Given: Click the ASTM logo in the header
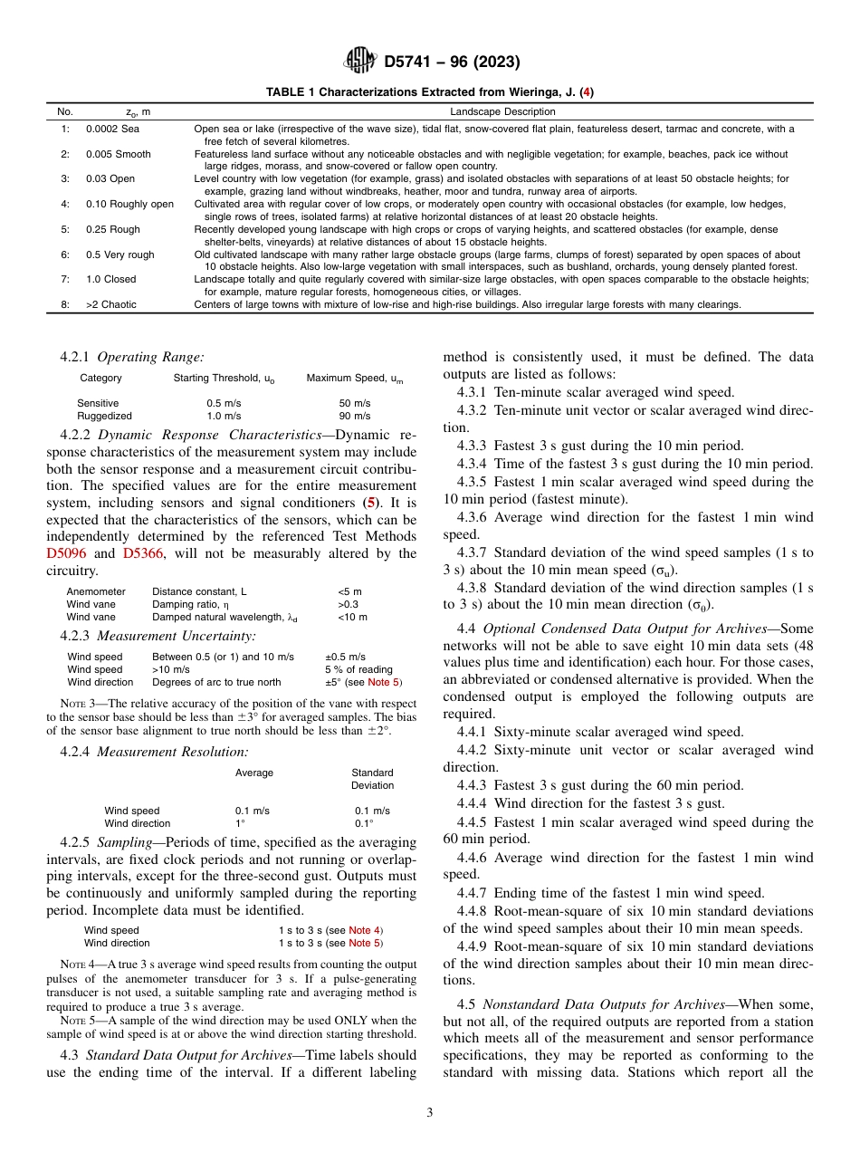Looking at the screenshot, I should click(361, 62).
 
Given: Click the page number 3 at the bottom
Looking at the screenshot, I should click(429, 1113).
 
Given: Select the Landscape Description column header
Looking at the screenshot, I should click(502, 111).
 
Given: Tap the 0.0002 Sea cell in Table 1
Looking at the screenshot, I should click(112, 129).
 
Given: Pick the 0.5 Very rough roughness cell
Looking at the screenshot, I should click(119, 254).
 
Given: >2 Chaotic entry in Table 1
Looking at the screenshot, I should click(110, 304).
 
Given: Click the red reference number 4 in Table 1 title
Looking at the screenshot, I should click(587, 92).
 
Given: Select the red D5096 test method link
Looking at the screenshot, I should click(69, 553).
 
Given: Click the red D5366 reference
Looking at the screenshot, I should click(143, 553).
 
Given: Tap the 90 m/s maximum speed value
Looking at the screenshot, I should click(354, 416).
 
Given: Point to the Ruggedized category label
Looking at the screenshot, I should click(104, 416).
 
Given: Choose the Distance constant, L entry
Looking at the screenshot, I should click(199, 591).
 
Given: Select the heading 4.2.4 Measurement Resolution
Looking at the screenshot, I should click(154, 752).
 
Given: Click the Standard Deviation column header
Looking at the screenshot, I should click(372, 779).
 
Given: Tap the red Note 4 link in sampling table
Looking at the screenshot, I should click(365, 930).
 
